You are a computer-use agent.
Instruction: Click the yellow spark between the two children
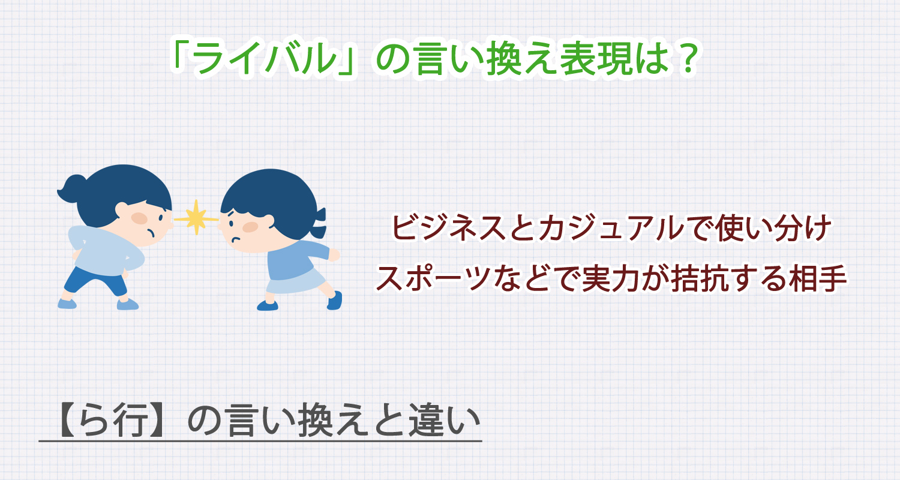tap(196, 217)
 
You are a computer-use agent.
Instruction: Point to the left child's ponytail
tap(73, 187)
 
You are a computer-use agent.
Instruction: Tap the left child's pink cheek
tap(139, 218)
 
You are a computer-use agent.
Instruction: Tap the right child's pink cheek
tap(250, 227)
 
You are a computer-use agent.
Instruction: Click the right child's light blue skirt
tap(297, 281)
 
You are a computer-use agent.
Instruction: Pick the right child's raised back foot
tap(335, 299)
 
